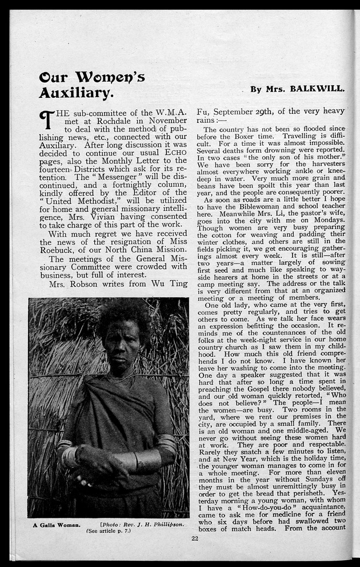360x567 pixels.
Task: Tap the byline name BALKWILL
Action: coord(317,89)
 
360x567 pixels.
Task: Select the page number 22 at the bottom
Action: coord(195,537)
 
